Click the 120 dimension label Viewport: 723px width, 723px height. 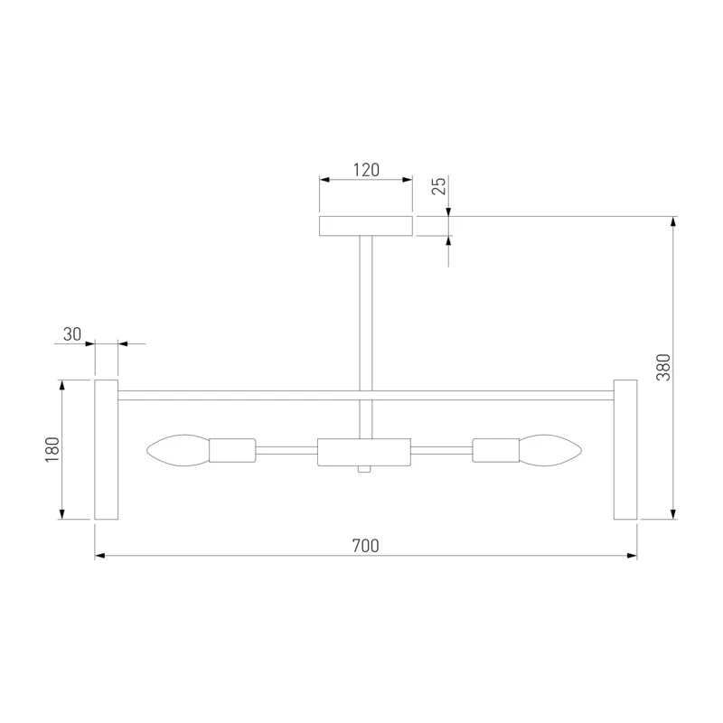point(366,170)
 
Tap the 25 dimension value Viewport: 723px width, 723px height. point(439,186)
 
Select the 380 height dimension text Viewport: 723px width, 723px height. point(663,367)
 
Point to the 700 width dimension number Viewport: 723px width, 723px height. point(366,546)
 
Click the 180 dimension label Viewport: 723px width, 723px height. point(52,449)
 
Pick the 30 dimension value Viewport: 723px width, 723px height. point(72,334)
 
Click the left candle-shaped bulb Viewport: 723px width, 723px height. point(178,450)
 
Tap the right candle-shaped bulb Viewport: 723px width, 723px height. point(550,450)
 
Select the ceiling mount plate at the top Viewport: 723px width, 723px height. point(366,226)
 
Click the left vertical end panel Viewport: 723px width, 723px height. point(107,449)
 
